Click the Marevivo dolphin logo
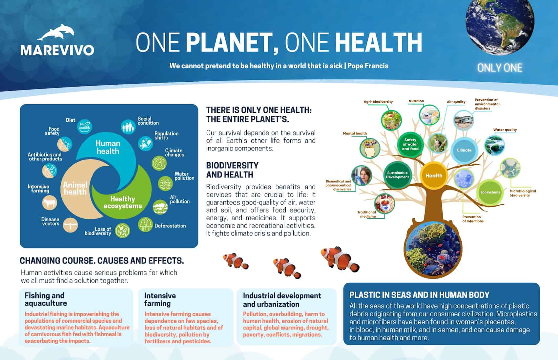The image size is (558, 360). (x=56, y=32)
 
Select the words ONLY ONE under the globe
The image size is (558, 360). (x=500, y=68)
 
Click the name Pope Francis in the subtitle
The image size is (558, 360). (x=368, y=66)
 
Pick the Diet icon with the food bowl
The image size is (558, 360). (x=84, y=127)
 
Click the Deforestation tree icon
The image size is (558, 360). (x=145, y=224)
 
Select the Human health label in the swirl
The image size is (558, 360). (x=108, y=147)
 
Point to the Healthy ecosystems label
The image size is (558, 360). (x=123, y=202)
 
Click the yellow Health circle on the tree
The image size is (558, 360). (x=434, y=175)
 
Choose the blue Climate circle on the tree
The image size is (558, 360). (x=464, y=150)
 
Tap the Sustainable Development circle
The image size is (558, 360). (x=397, y=175)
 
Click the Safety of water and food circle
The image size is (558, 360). (x=410, y=144)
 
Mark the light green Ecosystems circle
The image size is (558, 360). (x=490, y=192)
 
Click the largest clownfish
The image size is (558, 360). (x=340, y=259)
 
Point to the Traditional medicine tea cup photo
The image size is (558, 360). (x=384, y=204)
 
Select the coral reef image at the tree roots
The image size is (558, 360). (x=433, y=249)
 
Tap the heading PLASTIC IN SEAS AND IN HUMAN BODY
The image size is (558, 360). (x=419, y=295)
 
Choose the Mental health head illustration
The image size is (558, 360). (x=370, y=149)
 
